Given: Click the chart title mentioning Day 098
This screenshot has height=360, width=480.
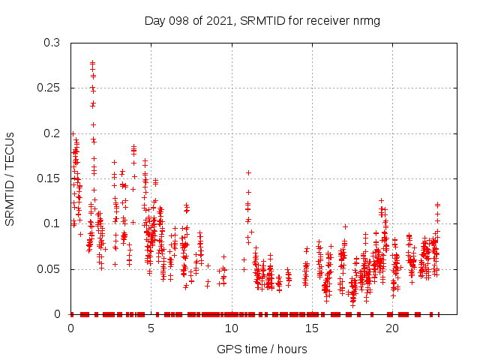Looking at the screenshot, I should pos(262,20).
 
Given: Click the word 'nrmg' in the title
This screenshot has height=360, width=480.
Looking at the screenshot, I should pos(365,20).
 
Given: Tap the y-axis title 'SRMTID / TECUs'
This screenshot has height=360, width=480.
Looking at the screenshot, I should pos(10,178).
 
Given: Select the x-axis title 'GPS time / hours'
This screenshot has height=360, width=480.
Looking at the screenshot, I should pos(262,349).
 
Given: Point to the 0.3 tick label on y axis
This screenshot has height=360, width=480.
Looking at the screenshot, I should pos(51,43).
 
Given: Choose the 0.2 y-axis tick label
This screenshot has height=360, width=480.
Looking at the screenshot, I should pos(51,133).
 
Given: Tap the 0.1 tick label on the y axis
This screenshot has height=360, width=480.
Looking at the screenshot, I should pos(51,223).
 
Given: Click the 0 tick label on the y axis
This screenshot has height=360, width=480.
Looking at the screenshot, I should pos(57,313).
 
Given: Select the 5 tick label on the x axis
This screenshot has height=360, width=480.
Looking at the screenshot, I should pos(151,328).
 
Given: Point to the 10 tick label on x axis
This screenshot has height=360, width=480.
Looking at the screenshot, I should pos(231,328).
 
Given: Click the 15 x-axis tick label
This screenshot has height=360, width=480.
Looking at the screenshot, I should pos(311,328).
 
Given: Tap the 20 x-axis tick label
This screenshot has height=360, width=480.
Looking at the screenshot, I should pos(391,328).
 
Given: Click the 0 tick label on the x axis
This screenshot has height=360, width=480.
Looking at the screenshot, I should pos(70,328).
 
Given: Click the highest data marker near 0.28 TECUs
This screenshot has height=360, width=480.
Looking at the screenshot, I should pos(92,62).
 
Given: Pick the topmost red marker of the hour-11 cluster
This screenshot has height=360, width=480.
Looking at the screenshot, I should pos(248,172).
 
